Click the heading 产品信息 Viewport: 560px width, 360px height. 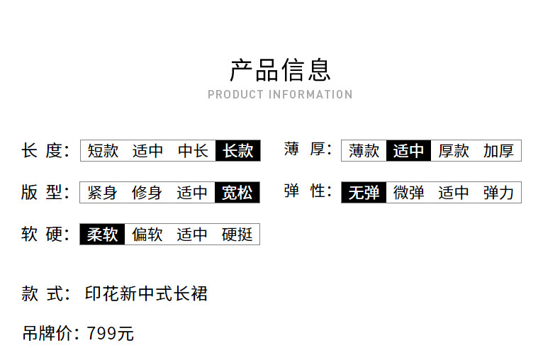click(280, 70)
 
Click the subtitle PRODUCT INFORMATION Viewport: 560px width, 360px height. click(280, 94)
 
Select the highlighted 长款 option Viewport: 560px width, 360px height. click(238, 151)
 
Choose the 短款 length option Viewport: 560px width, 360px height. click(103, 151)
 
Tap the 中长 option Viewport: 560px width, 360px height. click(193, 151)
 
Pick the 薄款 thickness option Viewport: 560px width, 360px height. click(364, 151)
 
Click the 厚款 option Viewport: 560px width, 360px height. click(454, 151)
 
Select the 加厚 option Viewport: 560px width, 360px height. click(498, 151)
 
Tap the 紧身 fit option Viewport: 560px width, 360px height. click(102, 193)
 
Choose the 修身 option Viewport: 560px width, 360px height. click(147, 193)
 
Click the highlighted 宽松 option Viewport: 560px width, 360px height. click(237, 193)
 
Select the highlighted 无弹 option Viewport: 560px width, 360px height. click(364, 193)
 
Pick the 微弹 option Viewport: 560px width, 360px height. click(409, 193)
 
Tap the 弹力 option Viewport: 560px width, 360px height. click(498, 193)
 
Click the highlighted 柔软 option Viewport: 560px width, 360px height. click(102, 235)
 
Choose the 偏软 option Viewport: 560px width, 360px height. click(147, 235)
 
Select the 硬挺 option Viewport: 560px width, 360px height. click(237, 235)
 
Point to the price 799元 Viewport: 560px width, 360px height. click(110, 333)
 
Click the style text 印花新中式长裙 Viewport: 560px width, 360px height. click(146, 293)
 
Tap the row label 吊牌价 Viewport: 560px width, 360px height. click(47, 333)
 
